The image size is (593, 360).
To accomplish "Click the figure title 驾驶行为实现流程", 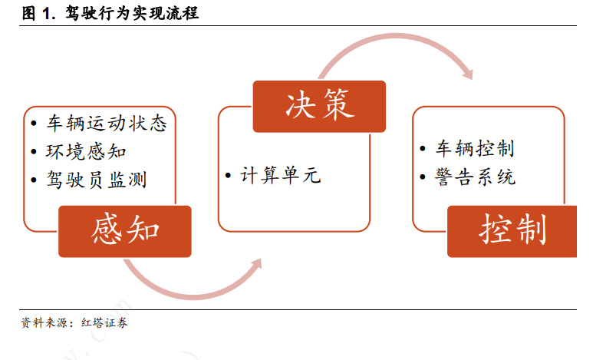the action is point(132,13).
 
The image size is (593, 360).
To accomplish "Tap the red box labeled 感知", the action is point(125,231).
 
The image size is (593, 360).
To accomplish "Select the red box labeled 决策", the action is point(319,107).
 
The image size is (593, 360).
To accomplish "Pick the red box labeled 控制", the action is point(512,231).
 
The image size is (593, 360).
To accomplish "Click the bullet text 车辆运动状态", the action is point(107,124).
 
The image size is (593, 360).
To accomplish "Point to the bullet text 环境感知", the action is point(86,151).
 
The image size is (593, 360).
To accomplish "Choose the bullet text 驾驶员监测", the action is point(97,180).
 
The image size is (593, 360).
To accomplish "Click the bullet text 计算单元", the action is point(281,176).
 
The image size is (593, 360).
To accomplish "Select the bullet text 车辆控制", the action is point(475,148).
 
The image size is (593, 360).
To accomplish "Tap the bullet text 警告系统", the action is point(475,177).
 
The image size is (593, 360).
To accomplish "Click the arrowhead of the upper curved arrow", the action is point(468,74).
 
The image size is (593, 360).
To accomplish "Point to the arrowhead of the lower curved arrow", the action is point(256,265).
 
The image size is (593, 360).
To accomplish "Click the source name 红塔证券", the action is point(104,323).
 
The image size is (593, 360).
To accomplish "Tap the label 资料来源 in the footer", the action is point(44,323).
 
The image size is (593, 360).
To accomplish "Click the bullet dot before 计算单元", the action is point(228,176).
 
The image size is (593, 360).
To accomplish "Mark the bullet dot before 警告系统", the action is point(423,177).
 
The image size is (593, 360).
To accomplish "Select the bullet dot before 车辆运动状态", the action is point(34,124).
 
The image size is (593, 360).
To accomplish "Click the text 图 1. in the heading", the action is point(38,14).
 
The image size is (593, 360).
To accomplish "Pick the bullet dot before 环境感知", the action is point(34,151).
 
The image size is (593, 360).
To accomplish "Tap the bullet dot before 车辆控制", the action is point(423,148).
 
